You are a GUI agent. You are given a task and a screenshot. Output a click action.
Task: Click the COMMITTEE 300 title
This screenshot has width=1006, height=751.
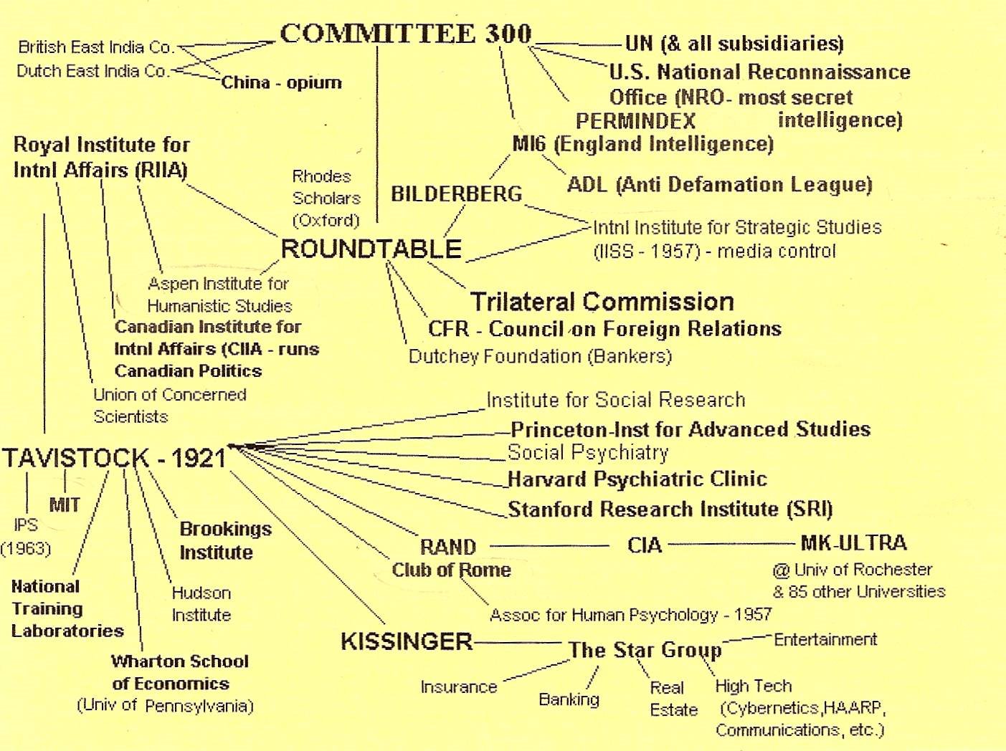click(406, 33)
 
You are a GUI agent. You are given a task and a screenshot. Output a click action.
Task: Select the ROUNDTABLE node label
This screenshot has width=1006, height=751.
click(371, 249)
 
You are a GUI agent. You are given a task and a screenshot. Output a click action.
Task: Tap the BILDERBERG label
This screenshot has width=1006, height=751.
click(457, 193)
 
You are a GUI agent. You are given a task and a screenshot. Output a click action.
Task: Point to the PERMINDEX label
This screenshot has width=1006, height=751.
click(635, 121)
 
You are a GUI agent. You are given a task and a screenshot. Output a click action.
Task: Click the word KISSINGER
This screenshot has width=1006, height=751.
click(407, 641)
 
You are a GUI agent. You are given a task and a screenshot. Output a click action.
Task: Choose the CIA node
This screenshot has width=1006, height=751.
click(645, 545)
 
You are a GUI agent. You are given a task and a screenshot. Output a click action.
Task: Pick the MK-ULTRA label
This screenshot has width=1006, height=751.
click(853, 542)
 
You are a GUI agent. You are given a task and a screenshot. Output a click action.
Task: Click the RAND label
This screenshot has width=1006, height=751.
click(448, 547)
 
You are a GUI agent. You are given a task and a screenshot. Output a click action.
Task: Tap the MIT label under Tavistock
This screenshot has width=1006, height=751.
click(65, 505)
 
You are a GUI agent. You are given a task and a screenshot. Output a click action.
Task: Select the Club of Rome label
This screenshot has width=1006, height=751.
click(452, 570)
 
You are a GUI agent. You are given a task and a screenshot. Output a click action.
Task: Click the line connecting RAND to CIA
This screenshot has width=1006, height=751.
click(549, 546)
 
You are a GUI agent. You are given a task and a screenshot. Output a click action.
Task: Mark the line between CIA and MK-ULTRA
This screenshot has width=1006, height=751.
click(731, 544)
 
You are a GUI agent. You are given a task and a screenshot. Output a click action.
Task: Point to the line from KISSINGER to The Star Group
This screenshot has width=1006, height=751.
click(518, 643)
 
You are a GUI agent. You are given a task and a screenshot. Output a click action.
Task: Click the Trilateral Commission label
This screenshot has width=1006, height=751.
click(602, 302)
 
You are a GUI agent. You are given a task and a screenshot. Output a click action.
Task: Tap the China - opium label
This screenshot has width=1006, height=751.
click(281, 83)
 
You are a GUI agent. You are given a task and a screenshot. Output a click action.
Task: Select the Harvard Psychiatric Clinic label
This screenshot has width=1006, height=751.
click(637, 479)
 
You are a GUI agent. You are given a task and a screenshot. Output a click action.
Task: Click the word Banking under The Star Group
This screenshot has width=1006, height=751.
click(569, 699)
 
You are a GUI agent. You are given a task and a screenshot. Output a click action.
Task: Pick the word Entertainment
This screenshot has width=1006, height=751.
click(825, 639)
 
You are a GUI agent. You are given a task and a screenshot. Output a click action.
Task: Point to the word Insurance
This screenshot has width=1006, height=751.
click(459, 687)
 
